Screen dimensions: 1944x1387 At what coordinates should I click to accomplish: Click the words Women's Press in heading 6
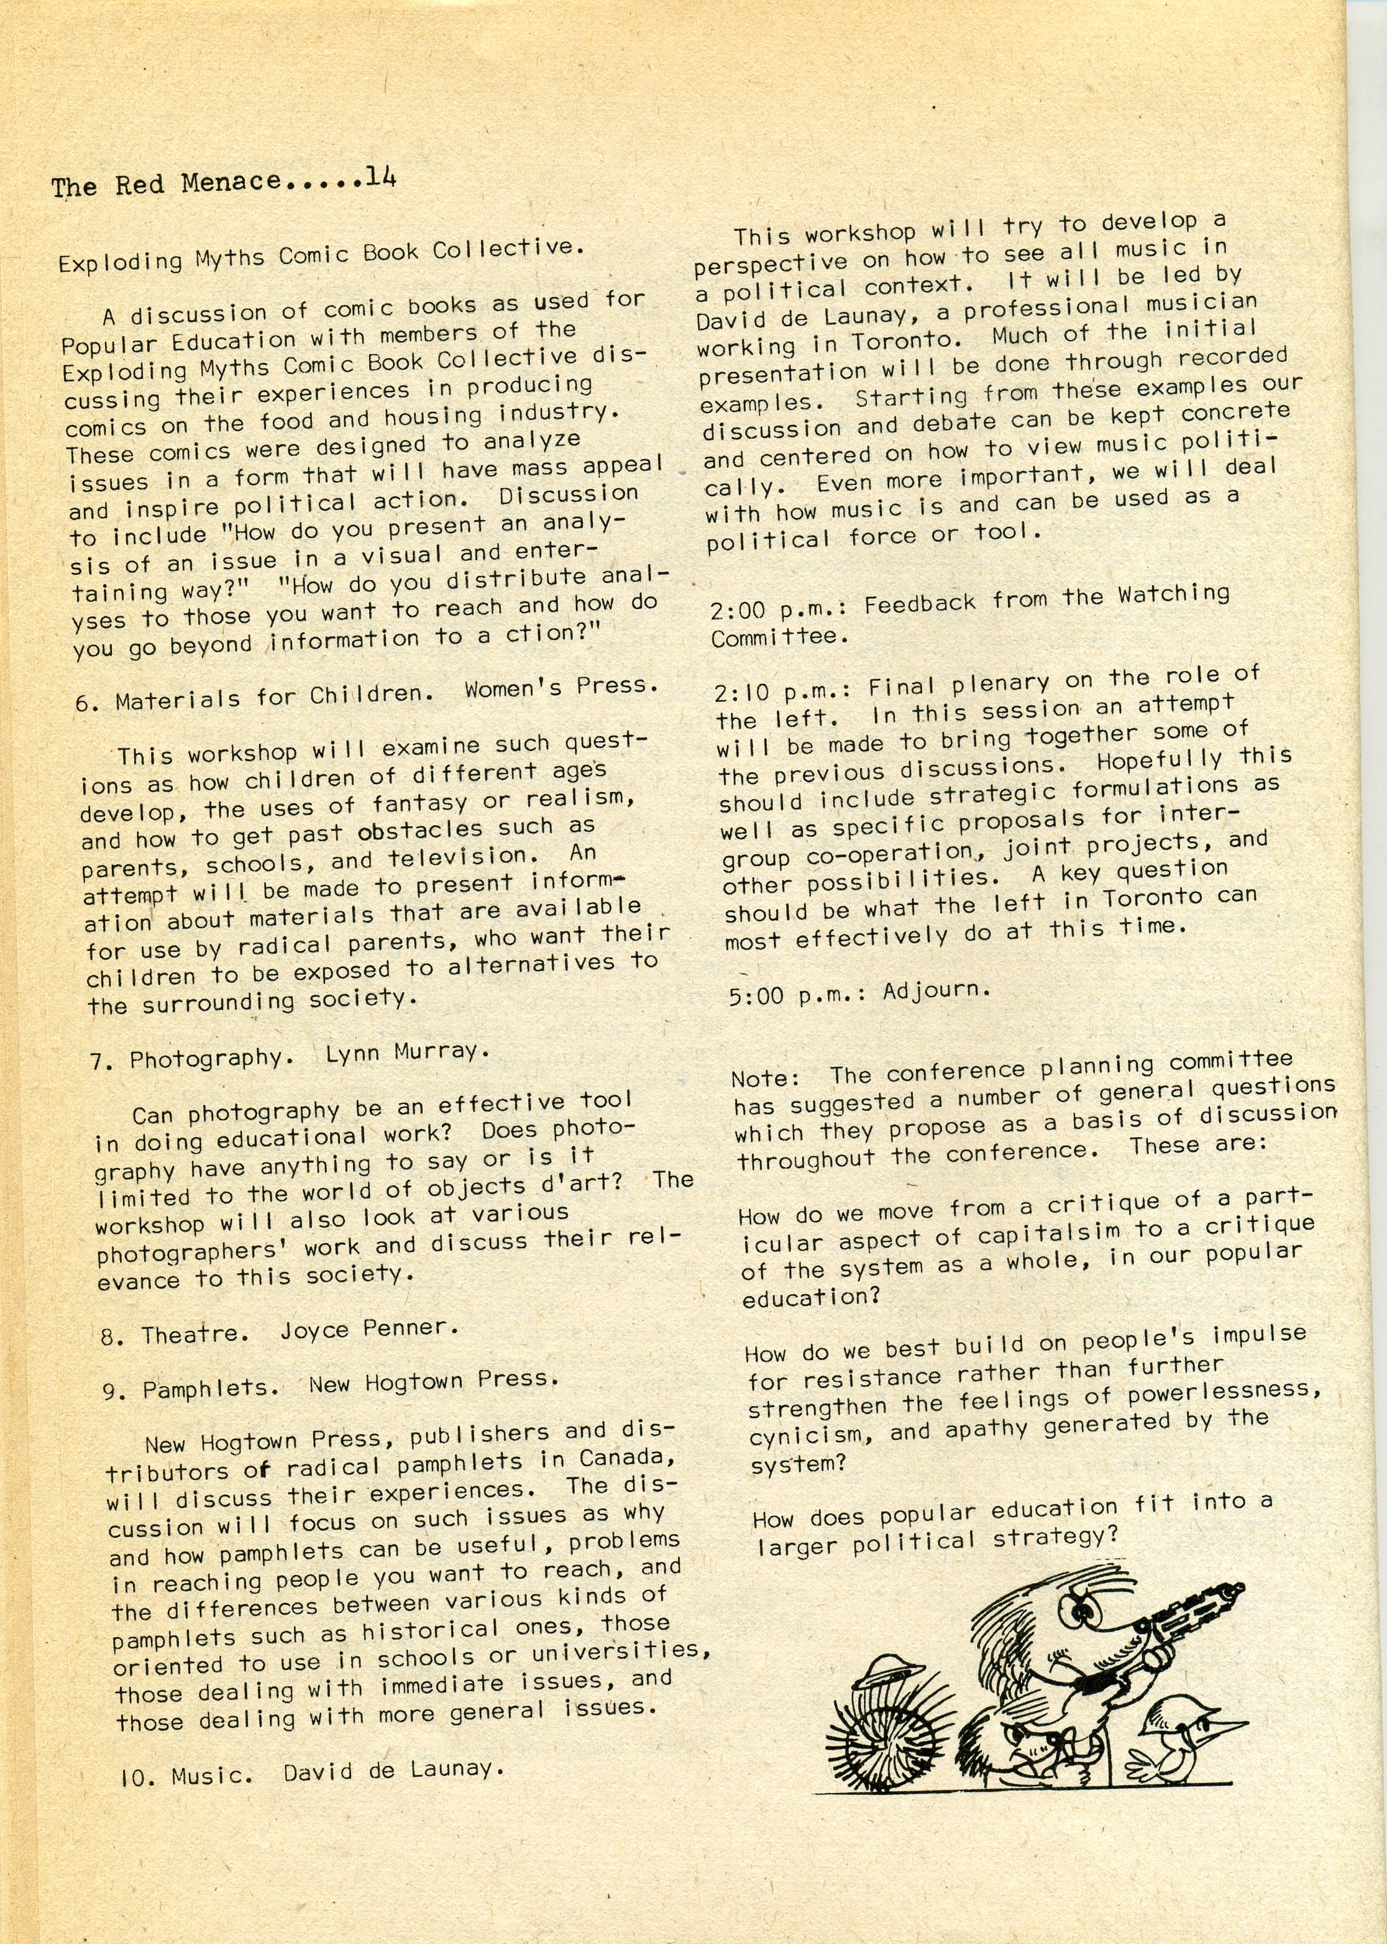coord(561,687)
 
